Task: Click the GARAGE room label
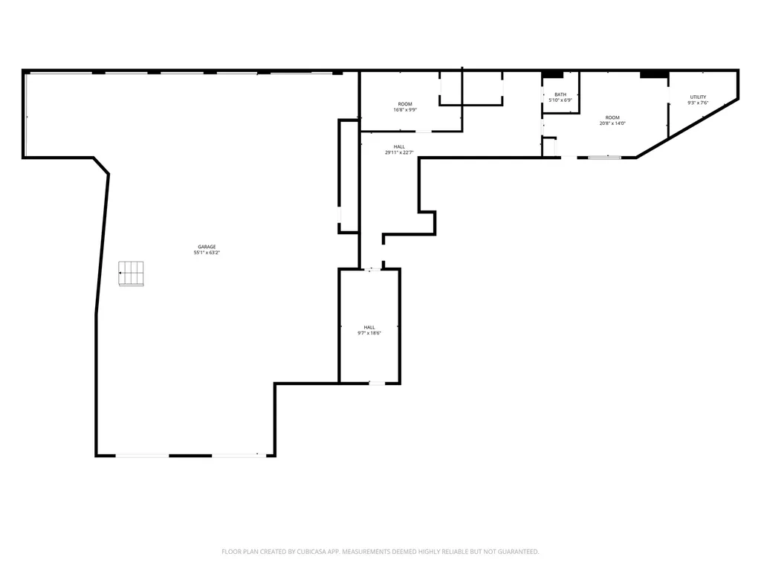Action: click(x=207, y=247)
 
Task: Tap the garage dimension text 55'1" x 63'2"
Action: click(x=207, y=253)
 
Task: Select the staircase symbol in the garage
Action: click(x=131, y=274)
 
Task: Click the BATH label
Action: click(x=560, y=94)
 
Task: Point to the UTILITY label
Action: click(x=699, y=97)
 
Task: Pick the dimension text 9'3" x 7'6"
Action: click(x=699, y=103)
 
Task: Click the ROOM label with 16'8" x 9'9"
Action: click(x=405, y=104)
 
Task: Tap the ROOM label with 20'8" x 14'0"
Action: click(x=612, y=117)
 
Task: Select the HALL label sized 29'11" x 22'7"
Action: click(x=399, y=146)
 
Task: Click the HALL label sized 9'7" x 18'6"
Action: click(x=369, y=327)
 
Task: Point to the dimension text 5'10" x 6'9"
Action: click(x=560, y=100)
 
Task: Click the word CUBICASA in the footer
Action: click(x=316, y=552)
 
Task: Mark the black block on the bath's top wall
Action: click(x=552, y=75)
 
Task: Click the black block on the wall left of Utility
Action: click(x=654, y=75)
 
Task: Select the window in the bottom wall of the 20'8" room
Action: click(x=605, y=158)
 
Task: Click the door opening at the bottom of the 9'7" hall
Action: click(x=377, y=384)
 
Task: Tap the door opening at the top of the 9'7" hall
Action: click(x=373, y=269)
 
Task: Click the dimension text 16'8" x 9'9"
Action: click(x=405, y=110)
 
